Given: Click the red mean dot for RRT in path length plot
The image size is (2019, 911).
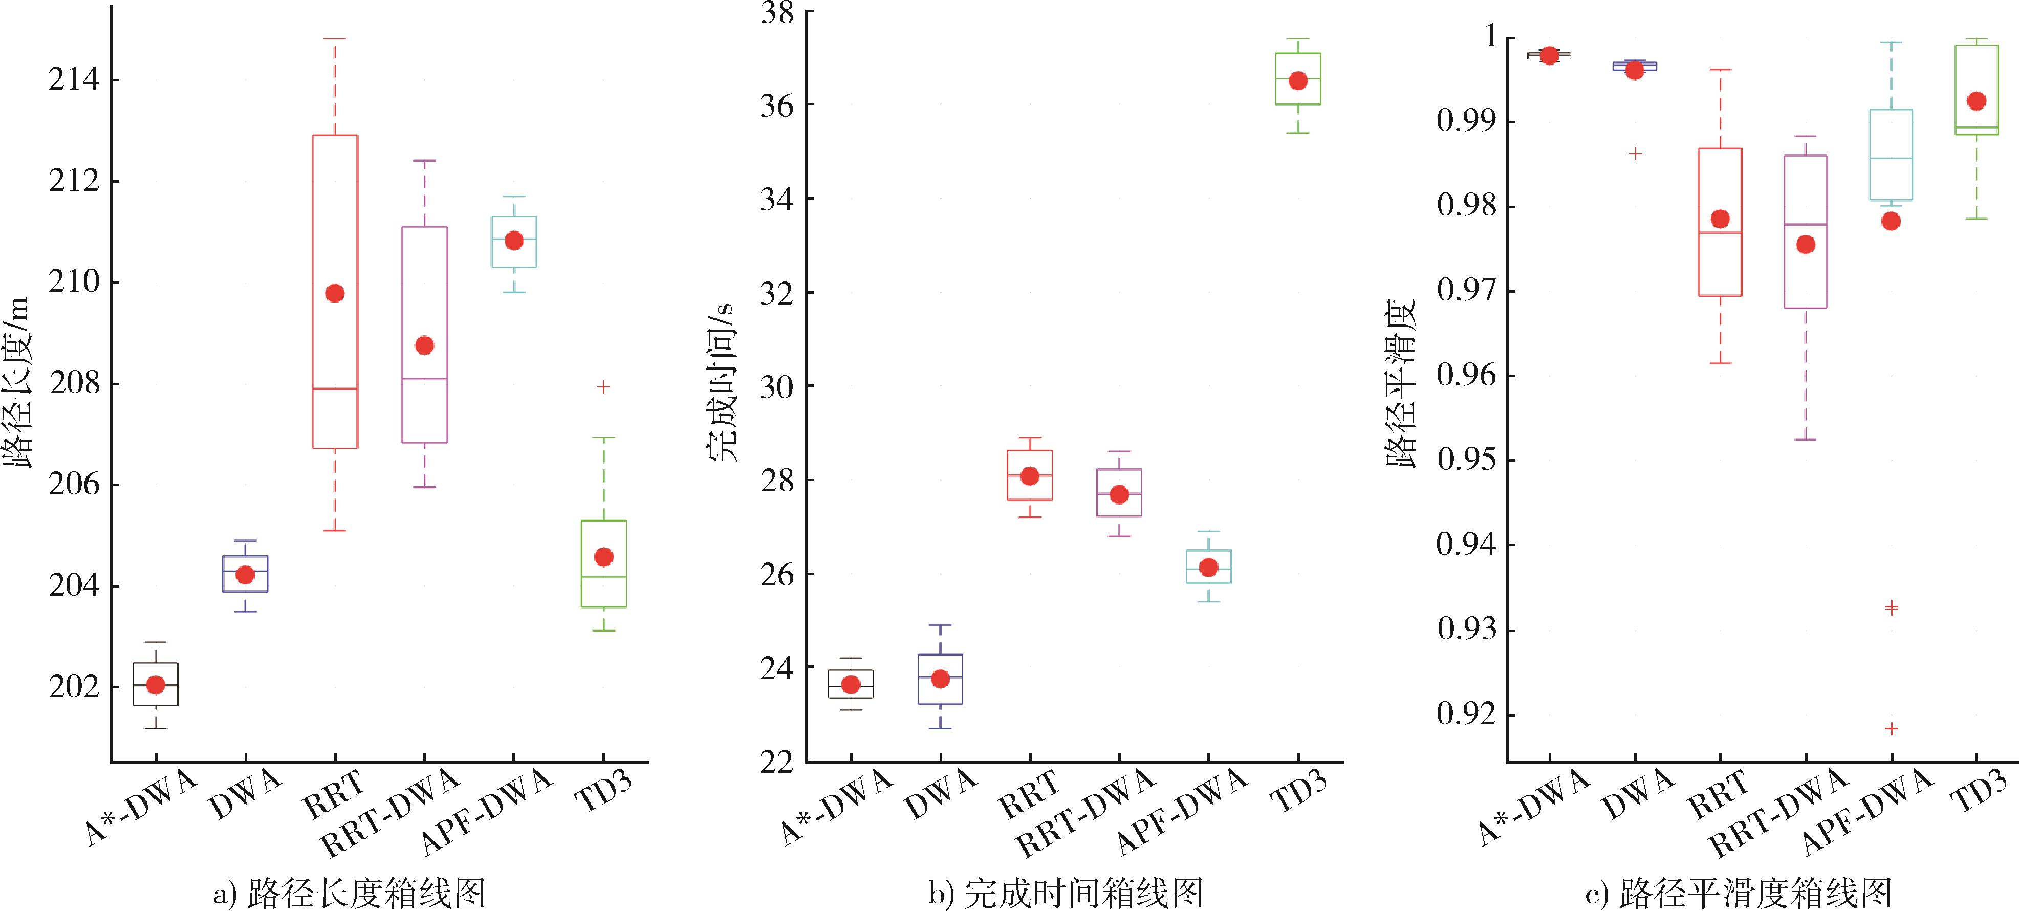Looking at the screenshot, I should [335, 293].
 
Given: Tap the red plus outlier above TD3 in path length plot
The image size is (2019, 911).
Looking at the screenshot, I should [603, 386].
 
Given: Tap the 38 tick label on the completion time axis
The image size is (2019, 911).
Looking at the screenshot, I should [777, 13].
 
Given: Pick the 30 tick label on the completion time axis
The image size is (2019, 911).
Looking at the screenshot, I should [777, 386].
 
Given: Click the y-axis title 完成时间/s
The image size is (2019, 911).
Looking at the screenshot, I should [721, 383].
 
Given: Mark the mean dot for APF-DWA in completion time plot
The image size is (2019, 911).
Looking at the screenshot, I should [1208, 567].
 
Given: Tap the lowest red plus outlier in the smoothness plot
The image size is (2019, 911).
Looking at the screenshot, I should [1891, 728].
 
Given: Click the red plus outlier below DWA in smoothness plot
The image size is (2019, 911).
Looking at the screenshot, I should [1635, 154].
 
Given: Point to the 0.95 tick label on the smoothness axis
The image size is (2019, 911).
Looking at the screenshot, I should [1465, 460].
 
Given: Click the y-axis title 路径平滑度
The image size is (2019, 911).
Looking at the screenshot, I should [1402, 383].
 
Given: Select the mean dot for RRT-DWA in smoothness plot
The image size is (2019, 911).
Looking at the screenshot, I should [1806, 245].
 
